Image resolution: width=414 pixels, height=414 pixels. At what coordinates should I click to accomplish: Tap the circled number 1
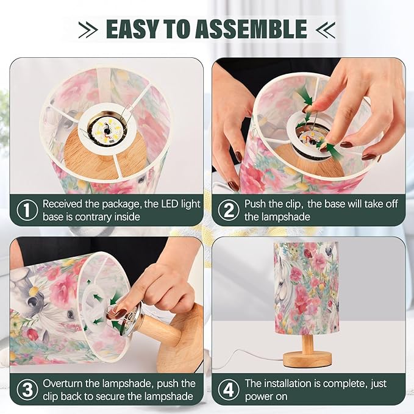pyautogui.click(x=27, y=210)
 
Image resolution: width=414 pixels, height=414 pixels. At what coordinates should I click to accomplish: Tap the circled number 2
pyautogui.click(x=229, y=210)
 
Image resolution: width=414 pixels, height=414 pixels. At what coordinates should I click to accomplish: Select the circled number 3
pyautogui.click(x=27, y=389)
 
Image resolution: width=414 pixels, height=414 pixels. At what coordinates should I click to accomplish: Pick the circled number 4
pyautogui.click(x=229, y=389)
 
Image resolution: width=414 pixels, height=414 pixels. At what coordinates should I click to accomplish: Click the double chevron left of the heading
pyautogui.click(x=88, y=29)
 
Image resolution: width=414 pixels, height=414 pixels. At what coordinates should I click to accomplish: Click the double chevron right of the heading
pyautogui.click(x=326, y=29)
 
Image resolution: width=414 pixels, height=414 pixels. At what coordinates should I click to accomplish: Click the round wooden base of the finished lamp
pyautogui.click(x=307, y=360)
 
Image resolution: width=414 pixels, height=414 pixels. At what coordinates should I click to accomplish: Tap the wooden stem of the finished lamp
pyautogui.click(x=307, y=344)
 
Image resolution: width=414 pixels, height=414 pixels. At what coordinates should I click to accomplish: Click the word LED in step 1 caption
pyautogui.click(x=172, y=204)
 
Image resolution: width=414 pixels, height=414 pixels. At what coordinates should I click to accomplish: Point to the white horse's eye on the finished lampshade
pyautogui.click(x=282, y=284)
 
